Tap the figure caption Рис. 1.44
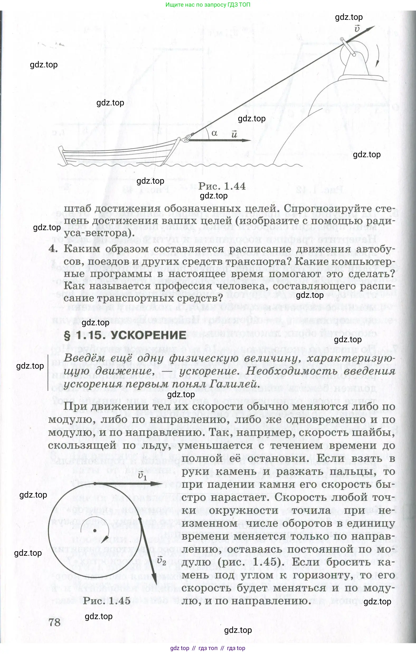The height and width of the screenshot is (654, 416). pos(222,186)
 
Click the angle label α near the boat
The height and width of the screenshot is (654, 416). pos(214,133)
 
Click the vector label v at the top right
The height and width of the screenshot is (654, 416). pos(357,28)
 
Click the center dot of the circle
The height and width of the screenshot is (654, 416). pos(94,530)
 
